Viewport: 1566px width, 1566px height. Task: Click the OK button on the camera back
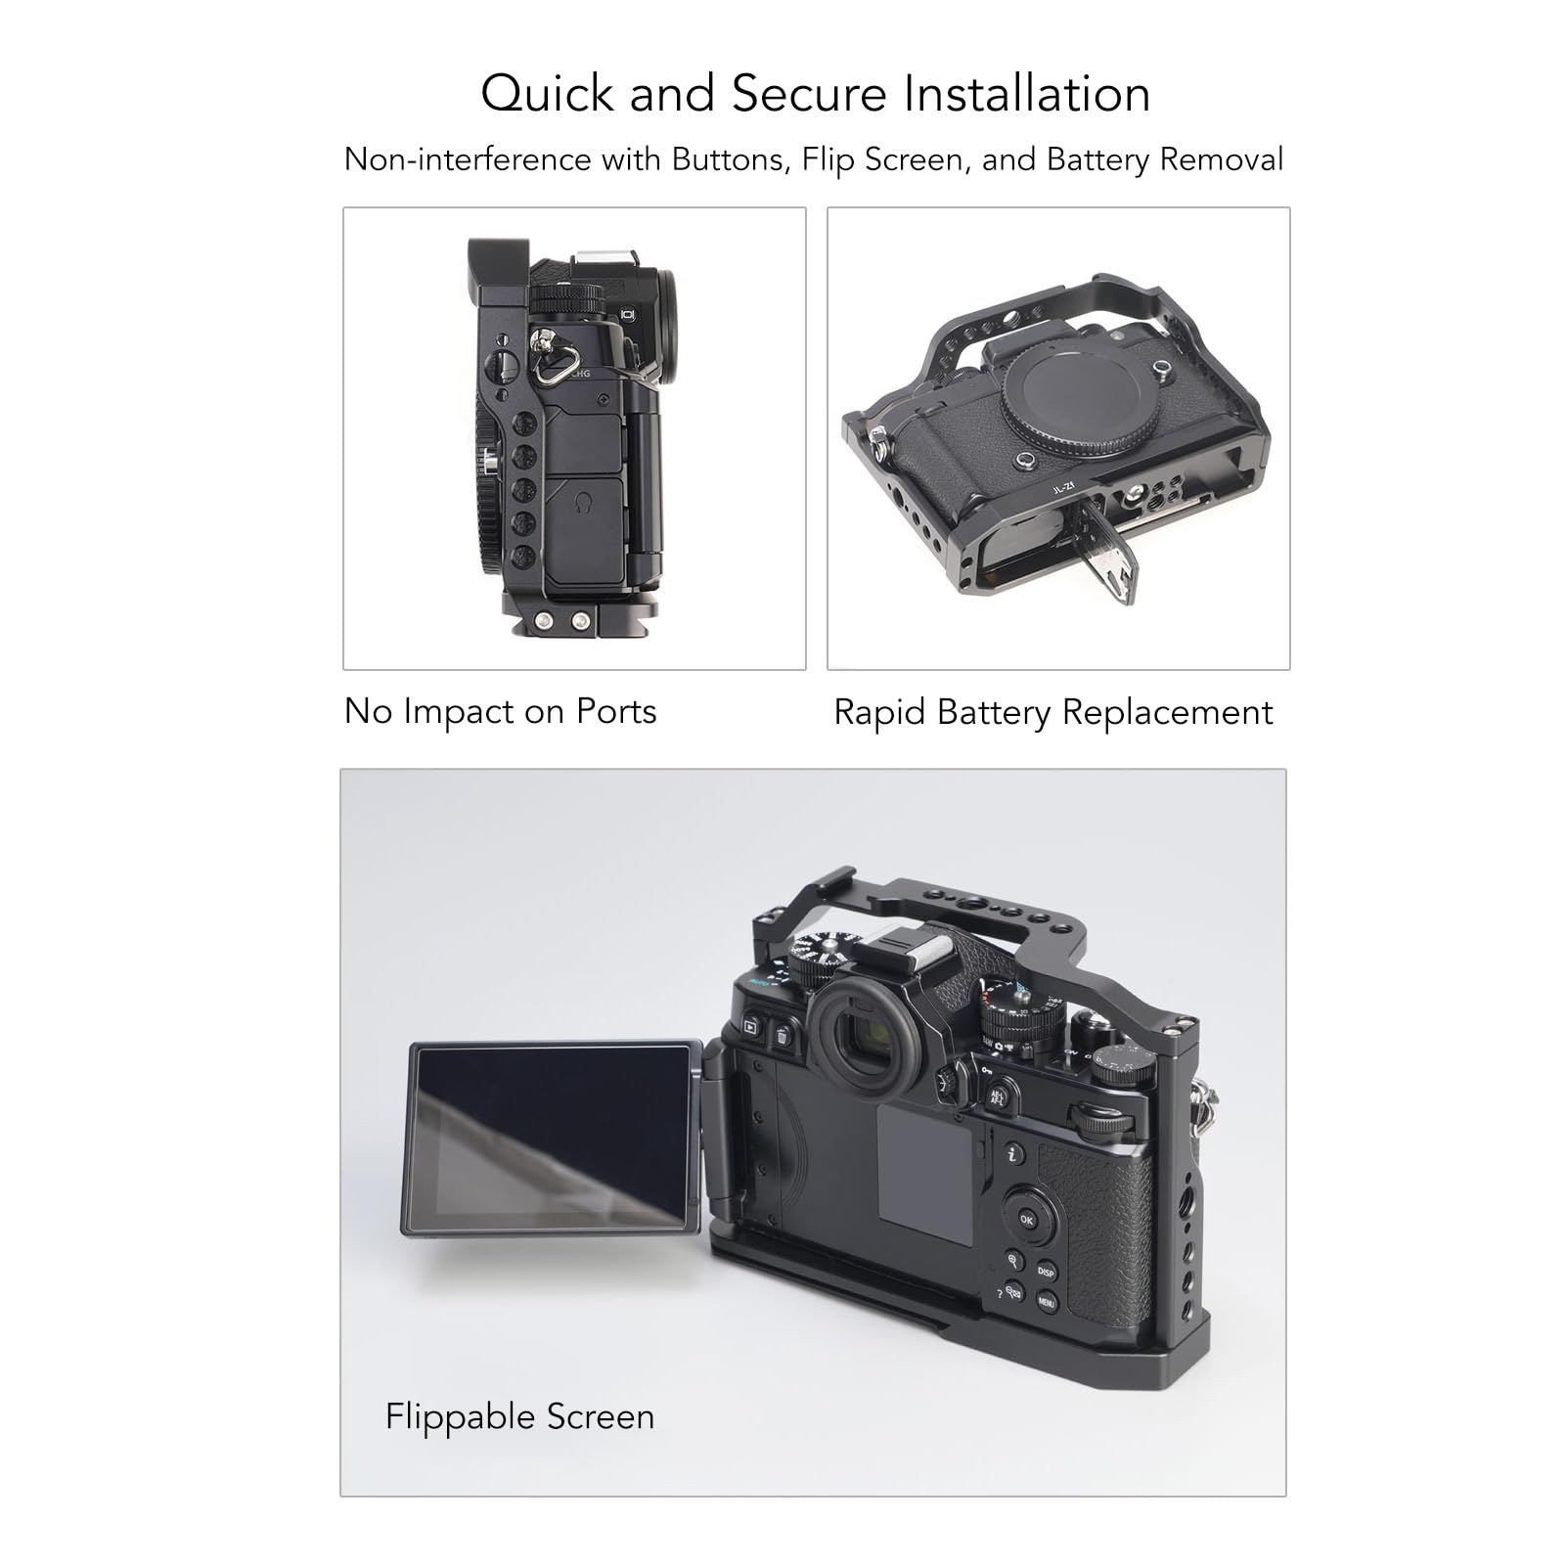click(x=1026, y=1219)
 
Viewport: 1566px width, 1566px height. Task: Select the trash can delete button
click(x=783, y=1035)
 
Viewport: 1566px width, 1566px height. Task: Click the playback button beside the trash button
click(x=751, y=1026)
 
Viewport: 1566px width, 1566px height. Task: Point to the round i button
click(x=1014, y=1154)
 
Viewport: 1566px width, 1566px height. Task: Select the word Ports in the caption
click(x=615, y=712)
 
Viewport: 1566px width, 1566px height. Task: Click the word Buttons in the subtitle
click(x=731, y=158)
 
